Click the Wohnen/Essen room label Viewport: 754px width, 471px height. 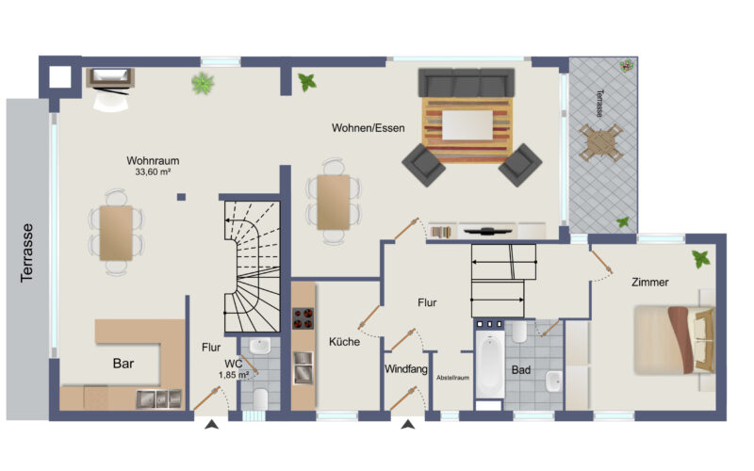368,128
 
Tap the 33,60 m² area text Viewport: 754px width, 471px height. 153,171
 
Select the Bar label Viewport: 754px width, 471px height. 123,364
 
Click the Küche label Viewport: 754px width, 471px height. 344,342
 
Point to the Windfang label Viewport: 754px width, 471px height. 406,369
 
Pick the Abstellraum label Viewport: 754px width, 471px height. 452,378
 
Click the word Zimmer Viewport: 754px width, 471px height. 650,282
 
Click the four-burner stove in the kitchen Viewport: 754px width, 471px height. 303,318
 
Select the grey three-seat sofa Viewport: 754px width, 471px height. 467,83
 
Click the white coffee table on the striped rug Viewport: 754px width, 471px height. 467,125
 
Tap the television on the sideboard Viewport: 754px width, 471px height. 487,231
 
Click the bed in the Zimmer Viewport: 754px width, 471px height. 674,340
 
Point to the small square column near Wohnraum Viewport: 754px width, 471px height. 181,197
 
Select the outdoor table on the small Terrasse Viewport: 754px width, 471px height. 601,143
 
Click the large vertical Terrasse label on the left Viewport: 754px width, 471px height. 27,252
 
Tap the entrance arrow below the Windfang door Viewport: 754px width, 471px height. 408,425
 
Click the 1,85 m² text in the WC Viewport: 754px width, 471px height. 234,374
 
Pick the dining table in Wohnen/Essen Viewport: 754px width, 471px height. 334,203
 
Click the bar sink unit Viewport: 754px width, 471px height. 159,398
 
